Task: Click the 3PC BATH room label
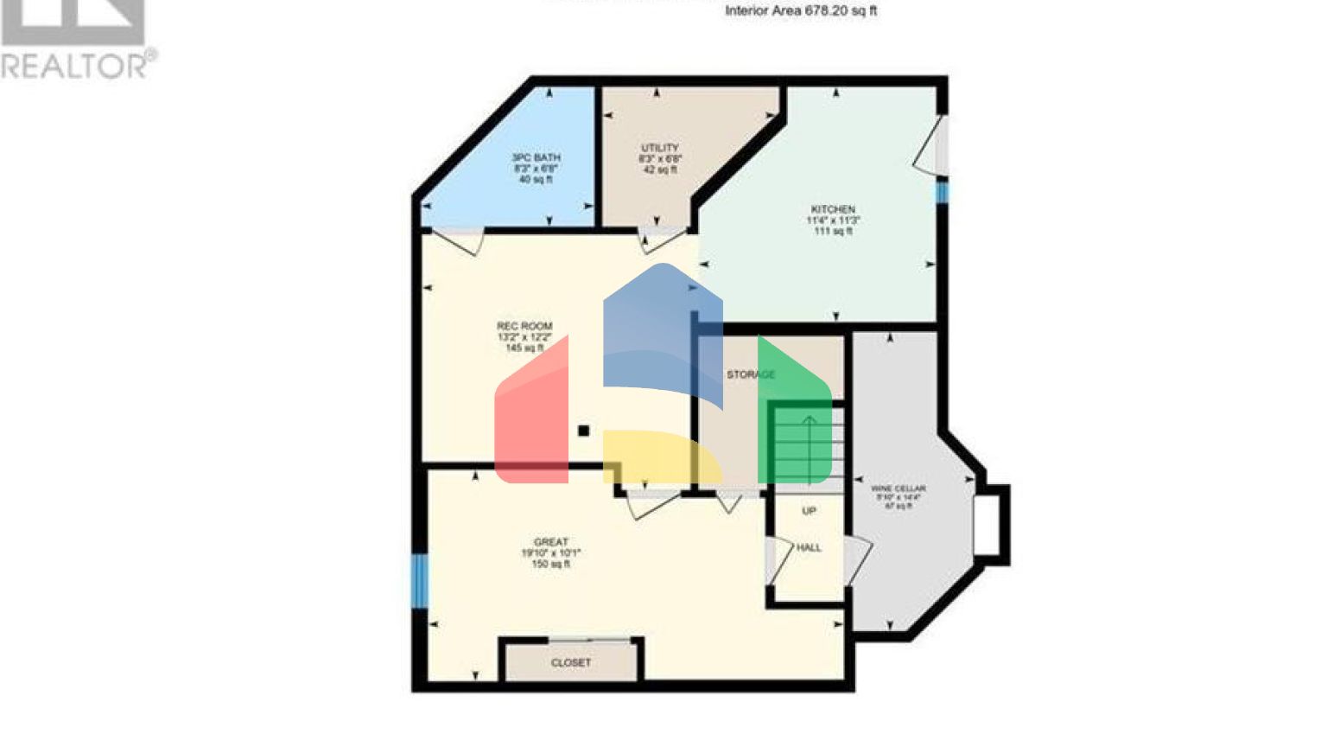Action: tap(536, 157)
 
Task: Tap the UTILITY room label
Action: tap(660, 148)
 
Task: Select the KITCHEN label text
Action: tap(833, 209)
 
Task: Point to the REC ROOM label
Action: tap(524, 326)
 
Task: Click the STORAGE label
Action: tap(750, 374)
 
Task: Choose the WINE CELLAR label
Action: tap(898, 488)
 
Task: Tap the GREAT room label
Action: tap(551, 542)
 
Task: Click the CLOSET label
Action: tap(571, 663)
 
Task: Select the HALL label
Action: tap(809, 547)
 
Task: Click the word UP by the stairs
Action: tap(809, 511)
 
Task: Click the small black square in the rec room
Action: tap(584, 431)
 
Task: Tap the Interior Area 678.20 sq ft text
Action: tap(801, 11)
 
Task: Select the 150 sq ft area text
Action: tap(551, 565)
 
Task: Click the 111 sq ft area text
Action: tap(833, 232)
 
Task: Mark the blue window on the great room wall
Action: tap(420, 579)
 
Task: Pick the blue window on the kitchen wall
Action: tap(943, 192)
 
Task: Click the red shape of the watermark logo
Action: tap(531, 415)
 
